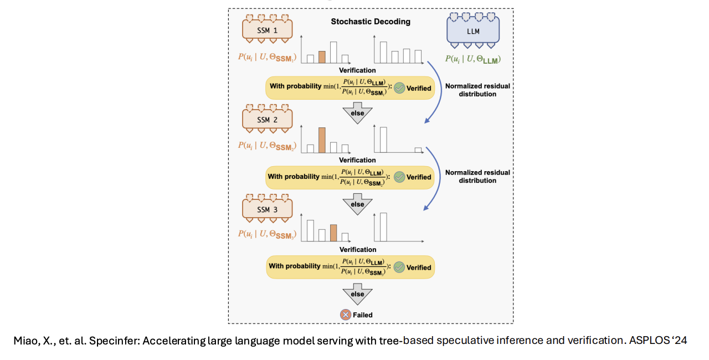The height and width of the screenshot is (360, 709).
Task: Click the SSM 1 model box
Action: (267, 30)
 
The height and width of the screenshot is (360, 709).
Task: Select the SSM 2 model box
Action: (267, 119)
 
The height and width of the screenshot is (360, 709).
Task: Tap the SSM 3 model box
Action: (267, 209)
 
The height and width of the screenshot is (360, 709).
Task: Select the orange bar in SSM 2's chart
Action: (322, 140)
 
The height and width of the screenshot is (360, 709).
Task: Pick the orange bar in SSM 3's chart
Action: (333, 233)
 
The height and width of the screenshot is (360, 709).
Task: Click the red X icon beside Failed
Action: (345, 315)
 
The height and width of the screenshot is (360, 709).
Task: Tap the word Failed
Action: (363, 315)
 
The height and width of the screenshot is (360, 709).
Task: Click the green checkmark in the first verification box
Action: (399, 88)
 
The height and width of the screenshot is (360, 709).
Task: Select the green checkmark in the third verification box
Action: (399, 267)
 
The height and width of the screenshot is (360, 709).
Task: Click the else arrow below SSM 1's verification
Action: (357, 113)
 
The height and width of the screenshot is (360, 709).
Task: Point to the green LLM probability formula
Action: (473, 59)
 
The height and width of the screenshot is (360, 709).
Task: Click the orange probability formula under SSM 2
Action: (267, 146)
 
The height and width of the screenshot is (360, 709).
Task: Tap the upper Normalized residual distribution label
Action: (477, 90)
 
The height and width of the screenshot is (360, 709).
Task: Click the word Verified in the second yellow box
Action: (419, 177)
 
